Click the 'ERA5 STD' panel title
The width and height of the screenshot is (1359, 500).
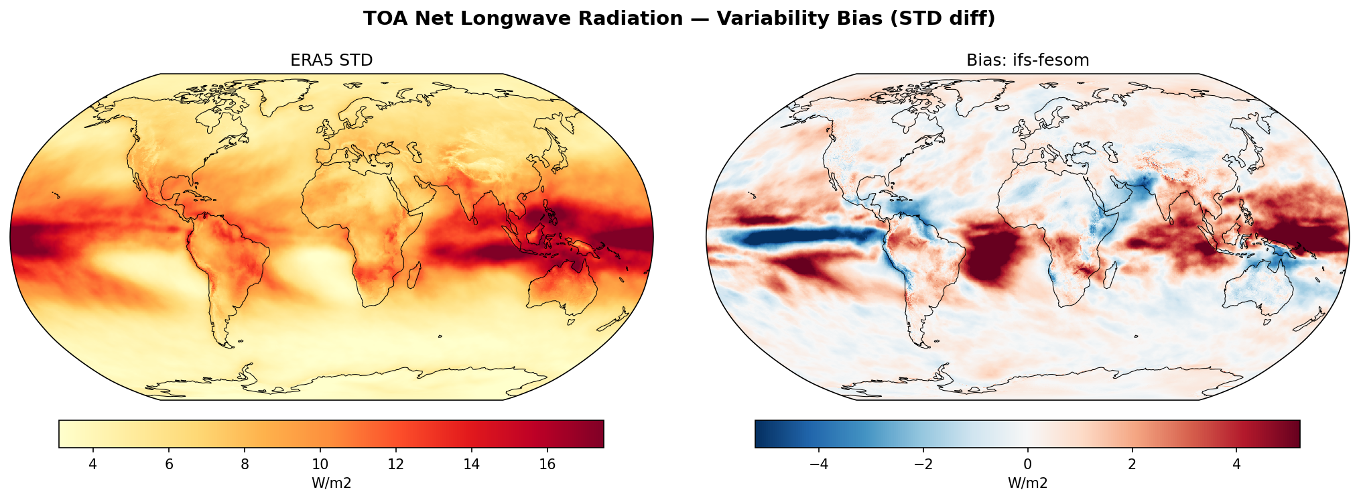331,60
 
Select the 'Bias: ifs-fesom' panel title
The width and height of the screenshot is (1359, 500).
1027,60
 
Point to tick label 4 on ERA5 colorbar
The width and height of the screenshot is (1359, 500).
93,464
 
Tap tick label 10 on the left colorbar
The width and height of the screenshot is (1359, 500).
320,464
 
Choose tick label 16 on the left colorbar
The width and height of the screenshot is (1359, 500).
547,464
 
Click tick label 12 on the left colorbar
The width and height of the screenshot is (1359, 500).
396,464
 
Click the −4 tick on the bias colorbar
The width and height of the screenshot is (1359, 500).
818,464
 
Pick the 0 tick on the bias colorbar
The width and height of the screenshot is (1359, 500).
1027,464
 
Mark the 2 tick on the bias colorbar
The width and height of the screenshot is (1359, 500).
1132,464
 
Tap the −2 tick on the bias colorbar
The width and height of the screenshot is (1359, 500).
923,464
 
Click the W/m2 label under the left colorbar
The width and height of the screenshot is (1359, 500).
331,483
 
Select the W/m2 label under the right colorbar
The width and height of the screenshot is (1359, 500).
1027,483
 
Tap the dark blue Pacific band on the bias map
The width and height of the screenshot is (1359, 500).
797,237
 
